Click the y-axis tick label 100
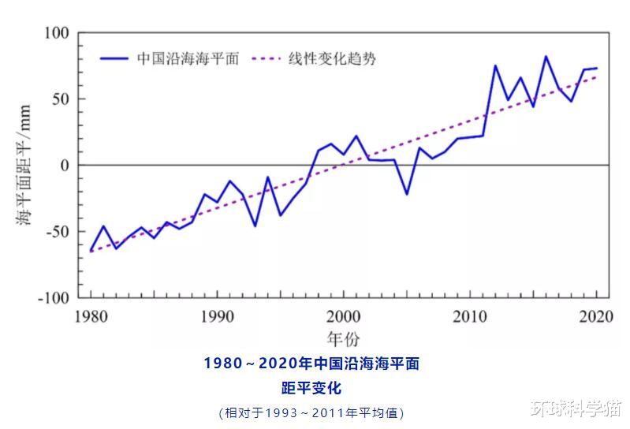tap(57, 33)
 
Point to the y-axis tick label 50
tap(61, 99)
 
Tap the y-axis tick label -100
tap(54, 298)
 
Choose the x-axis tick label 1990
tap(217, 316)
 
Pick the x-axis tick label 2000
tap(344, 316)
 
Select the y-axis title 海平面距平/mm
tap(24, 166)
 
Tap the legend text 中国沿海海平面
tap(188, 58)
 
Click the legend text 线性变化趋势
tap(331, 58)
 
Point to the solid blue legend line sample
tap(114, 58)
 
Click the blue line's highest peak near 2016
tap(546, 57)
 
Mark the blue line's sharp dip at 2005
tap(407, 194)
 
